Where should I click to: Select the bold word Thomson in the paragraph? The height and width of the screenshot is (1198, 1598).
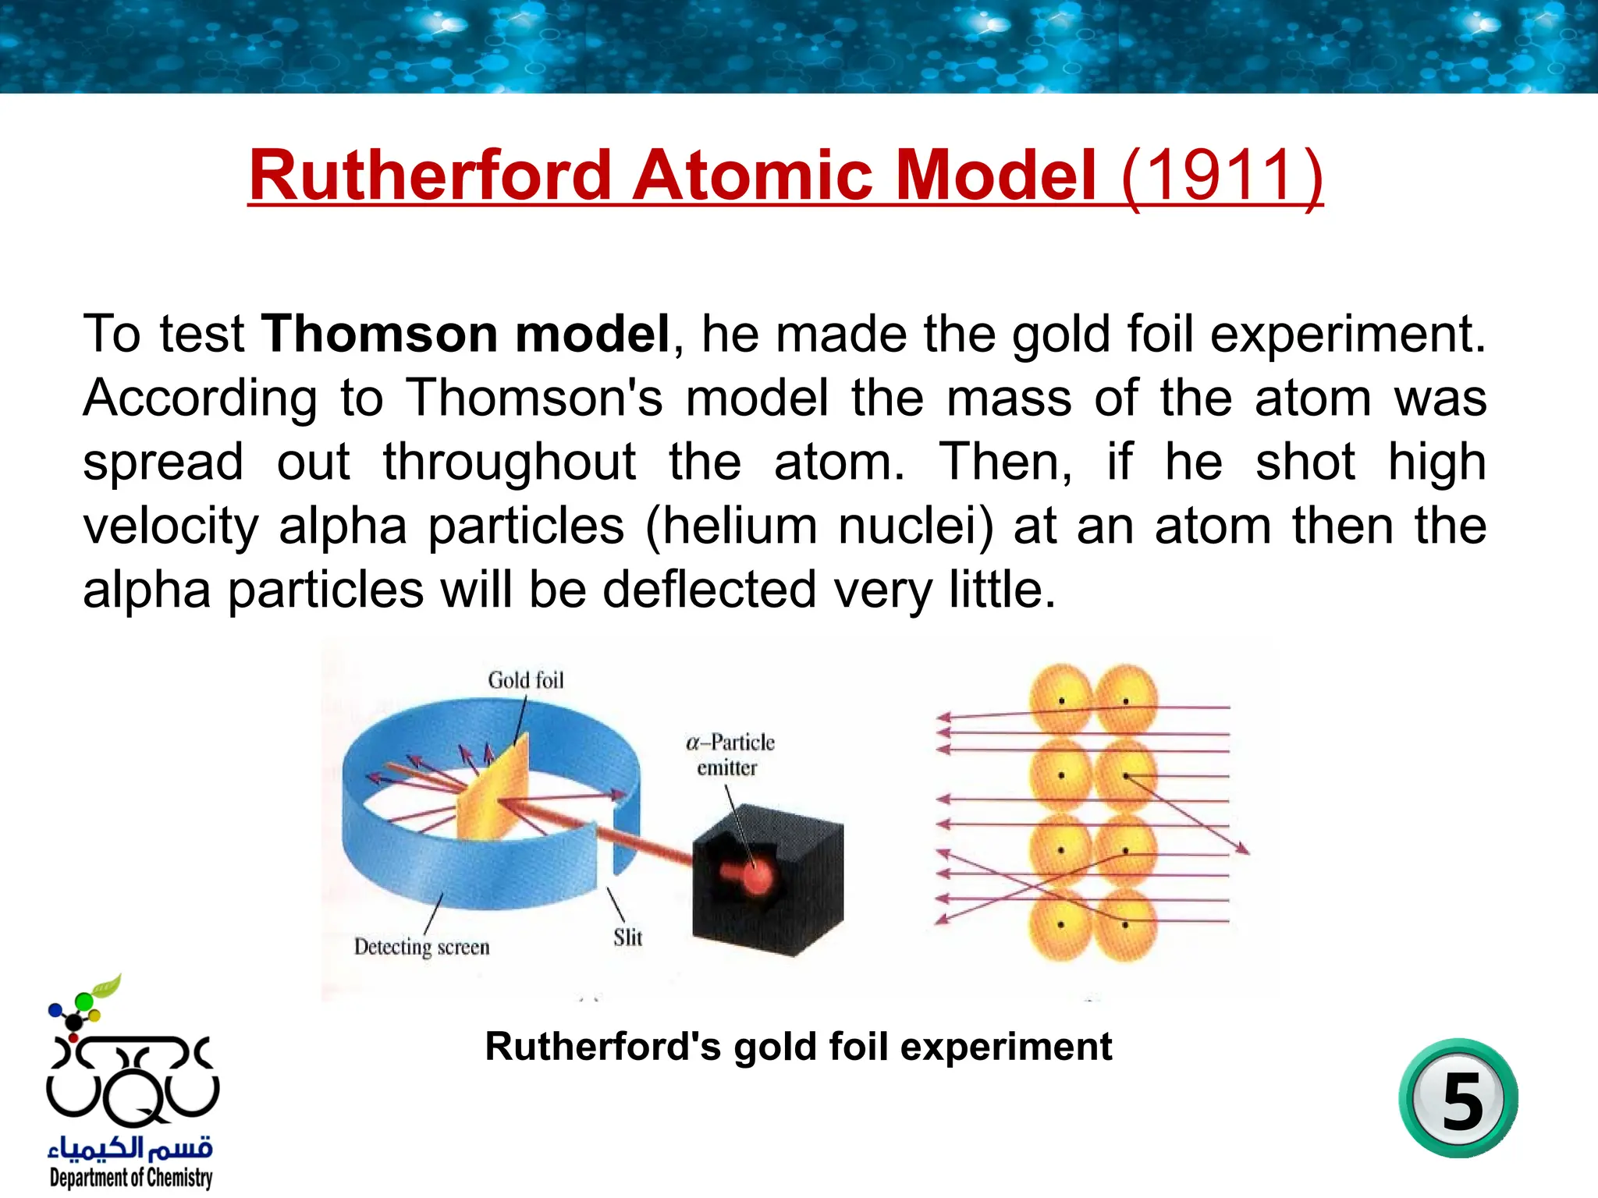378,334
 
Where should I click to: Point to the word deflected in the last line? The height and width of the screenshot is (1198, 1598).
709,590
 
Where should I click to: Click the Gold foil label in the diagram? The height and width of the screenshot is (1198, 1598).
525,680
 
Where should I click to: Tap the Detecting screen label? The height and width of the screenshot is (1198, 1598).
421,947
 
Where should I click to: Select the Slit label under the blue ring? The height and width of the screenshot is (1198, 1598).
627,937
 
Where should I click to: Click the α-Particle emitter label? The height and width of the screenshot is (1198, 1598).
730,754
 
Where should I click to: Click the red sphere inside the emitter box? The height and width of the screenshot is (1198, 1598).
754,877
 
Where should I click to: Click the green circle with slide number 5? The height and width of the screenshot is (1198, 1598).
1458,1099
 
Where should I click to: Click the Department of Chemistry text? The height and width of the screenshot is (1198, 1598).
130,1177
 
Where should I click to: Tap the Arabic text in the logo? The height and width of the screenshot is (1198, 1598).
130,1147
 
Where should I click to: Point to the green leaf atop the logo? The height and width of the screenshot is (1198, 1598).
107,986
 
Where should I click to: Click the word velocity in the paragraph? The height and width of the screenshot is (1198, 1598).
171,526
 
